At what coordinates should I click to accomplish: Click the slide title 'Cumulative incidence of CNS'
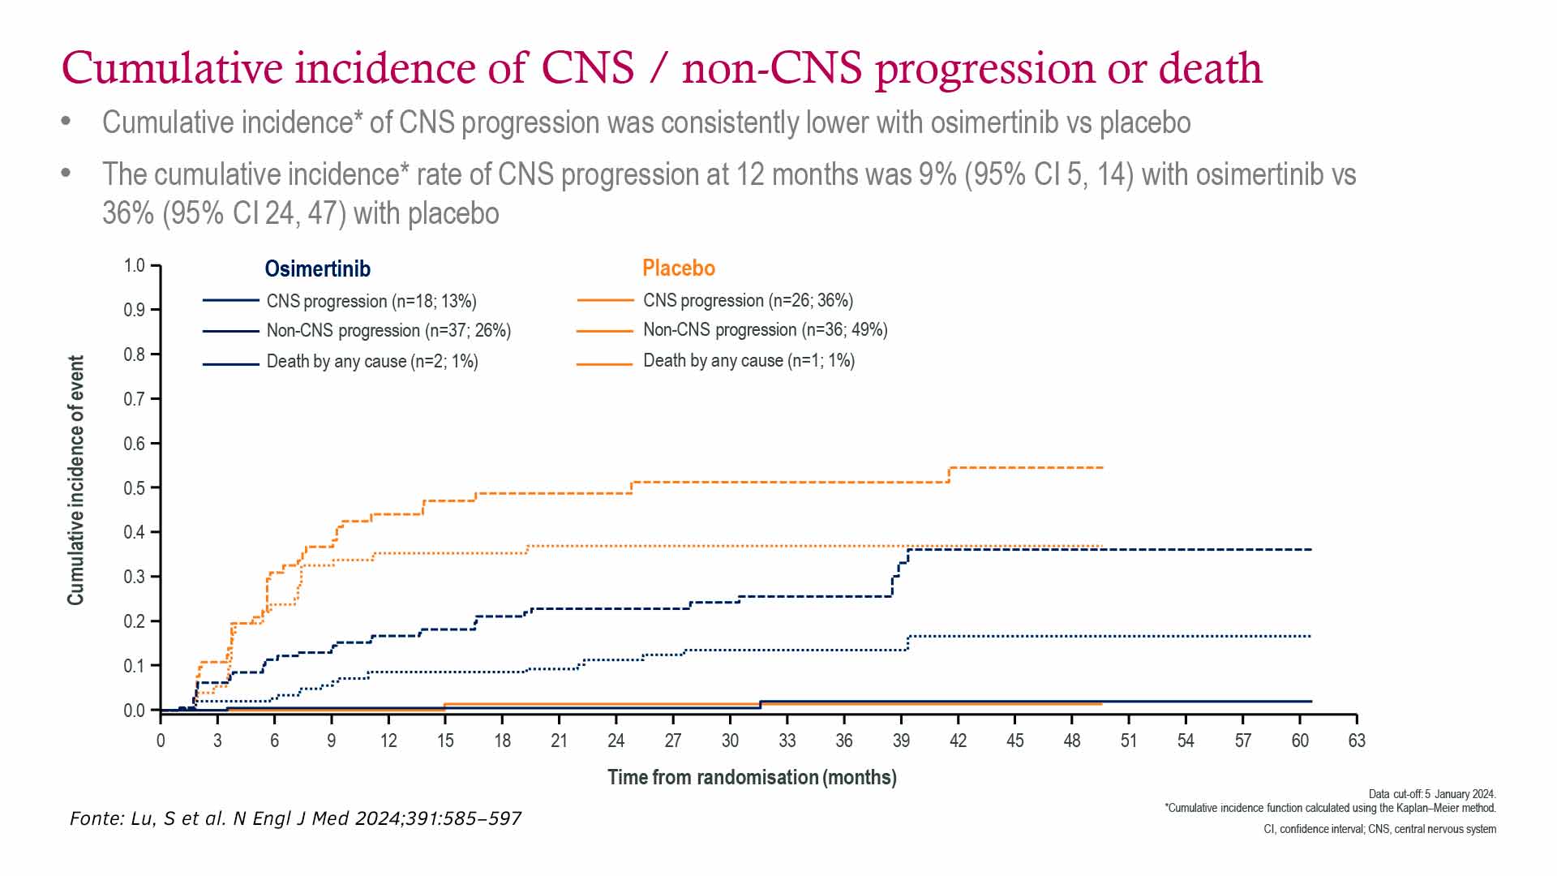(661, 68)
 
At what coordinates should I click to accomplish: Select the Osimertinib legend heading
(317, 268)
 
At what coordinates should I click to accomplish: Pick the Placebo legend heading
(679, 268)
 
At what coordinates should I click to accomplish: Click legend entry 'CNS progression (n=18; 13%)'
(371, 301)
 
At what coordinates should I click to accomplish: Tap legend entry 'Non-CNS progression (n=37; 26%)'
(388, 331)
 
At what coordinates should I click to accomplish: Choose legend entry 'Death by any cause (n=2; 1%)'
(372, 361)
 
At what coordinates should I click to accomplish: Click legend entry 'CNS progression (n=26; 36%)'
(748, 300)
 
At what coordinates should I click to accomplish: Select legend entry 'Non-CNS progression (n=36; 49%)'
(765, 330)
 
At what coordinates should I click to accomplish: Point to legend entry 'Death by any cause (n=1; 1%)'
(748, 360)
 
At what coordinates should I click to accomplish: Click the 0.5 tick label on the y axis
(135, 488)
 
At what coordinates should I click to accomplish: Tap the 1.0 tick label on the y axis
(135, 266)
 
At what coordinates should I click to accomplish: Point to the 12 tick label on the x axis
(388, 741)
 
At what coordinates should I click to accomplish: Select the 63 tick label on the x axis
(1357, 741)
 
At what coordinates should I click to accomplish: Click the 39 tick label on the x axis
(901, 741)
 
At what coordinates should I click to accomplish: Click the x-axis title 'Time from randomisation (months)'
(752, 777)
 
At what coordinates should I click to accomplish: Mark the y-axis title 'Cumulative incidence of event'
(75, 480)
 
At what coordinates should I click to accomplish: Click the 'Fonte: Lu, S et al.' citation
(295, 818)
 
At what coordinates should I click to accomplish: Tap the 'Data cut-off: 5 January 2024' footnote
(1432, 794)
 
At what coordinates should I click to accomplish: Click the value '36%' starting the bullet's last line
(128, 213)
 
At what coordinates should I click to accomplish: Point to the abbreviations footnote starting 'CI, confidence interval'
(1379, 829)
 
